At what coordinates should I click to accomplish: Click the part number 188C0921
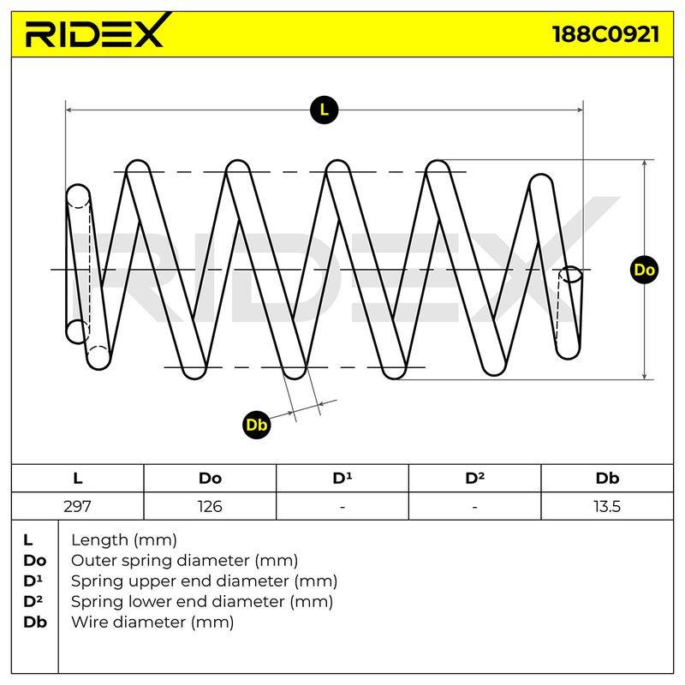coord(606,34)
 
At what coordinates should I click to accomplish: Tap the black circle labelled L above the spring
coord(324,110)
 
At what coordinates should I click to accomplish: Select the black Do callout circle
coord(645,270)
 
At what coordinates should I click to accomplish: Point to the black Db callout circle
coord(256,425)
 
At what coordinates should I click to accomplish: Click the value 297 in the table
coord(77,506)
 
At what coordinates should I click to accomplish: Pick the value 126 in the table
coord(210,506)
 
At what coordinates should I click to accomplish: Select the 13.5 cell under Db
coord(607,506)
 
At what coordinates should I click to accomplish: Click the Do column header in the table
coord(210,479)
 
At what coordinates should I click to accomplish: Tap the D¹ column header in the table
coord(342,478)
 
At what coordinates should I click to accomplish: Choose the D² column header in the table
coord(474,478)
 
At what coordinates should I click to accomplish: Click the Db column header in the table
coord(607,479)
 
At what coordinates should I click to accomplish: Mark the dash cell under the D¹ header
coord(342,507)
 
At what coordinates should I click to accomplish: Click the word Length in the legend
coord(99,541)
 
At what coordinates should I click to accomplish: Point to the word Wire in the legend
coord(90,622)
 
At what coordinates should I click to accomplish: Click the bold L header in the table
coord(77,479)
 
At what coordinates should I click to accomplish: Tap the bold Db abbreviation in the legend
coord(35,622)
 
